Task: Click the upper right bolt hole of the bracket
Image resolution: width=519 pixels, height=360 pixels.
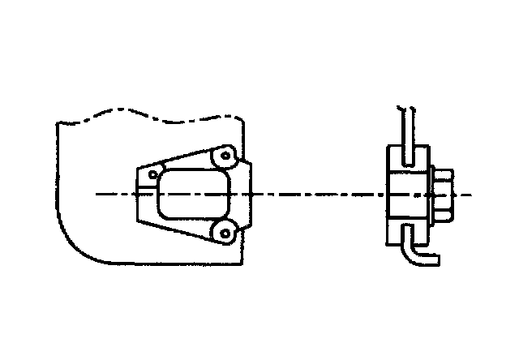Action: tap(226, 155)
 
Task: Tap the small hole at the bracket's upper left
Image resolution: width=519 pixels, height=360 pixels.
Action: tap(151, 174)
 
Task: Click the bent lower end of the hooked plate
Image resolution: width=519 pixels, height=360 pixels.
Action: tap(430, 260)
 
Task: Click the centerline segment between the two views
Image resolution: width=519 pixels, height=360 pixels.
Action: tap(316, 195)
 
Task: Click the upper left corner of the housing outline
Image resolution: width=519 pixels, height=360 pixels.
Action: tap(56, 123)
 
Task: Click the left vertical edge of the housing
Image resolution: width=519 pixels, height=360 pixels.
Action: tap(56, 178)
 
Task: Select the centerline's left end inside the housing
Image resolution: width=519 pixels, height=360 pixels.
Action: tap(97, 195)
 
